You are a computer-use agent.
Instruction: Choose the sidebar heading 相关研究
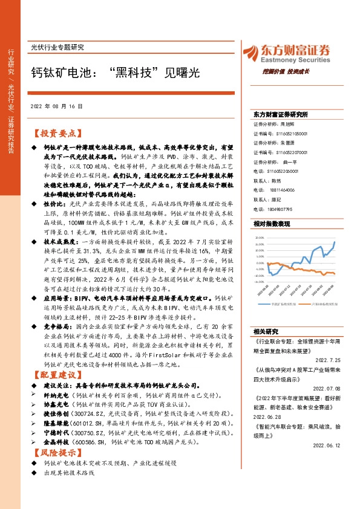click(x=266, y=331)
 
